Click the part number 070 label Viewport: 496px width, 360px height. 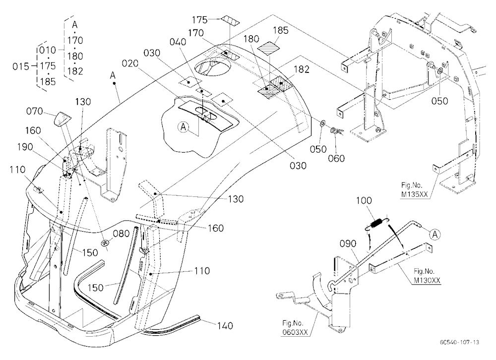point(34,112)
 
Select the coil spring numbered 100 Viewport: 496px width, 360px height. point(376,223)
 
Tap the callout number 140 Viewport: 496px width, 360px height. point(225,326)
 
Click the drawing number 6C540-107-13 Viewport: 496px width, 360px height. point(459,342)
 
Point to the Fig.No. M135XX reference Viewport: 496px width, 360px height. point(414,189)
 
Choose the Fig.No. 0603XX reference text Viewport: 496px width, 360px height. point(295,328)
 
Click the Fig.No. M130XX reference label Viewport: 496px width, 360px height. point(427,276)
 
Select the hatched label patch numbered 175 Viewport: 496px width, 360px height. point(230,20)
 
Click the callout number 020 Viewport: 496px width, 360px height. point(130,63)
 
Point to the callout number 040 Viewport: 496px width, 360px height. point(178,42)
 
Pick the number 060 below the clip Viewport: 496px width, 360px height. point(336,158)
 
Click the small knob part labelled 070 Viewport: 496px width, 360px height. point(62,119)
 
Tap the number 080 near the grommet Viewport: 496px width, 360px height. point(121,234)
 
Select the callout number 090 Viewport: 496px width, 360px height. point(348,243)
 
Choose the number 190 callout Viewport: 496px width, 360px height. point(25,147)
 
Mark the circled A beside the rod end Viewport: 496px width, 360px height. point(435,235)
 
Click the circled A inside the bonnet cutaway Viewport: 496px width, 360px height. point(183,127)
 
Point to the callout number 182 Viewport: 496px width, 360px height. point(301,69)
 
